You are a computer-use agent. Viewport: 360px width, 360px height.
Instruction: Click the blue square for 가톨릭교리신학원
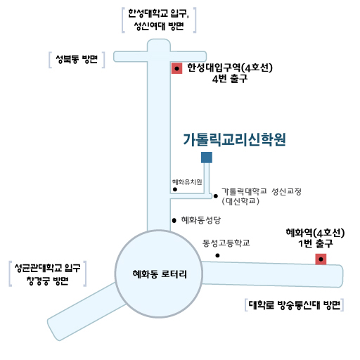207,157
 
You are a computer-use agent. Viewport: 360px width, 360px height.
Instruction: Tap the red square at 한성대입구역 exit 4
176,68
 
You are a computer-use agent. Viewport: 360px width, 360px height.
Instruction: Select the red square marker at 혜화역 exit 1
321,259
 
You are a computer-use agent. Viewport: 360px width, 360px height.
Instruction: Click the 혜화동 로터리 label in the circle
160,274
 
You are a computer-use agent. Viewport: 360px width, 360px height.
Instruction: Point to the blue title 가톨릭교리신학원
234,140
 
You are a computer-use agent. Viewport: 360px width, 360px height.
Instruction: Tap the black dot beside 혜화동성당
174,220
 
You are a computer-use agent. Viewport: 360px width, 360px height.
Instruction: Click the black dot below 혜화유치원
175,189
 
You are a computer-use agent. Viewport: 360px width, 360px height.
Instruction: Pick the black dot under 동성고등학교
217,255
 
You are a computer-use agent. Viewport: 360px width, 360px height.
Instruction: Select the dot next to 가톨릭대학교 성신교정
215,196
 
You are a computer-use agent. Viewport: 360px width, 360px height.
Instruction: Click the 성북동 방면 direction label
77,59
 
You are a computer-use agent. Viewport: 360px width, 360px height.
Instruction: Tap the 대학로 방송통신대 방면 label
295,305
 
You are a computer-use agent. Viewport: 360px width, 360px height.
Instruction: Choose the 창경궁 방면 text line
48,281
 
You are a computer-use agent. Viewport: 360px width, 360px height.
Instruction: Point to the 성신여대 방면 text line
159,26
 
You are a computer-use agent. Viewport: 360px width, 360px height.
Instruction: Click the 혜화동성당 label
201,220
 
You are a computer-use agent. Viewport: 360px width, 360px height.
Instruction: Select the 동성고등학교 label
226,243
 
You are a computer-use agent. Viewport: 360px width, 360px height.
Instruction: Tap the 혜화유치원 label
187,182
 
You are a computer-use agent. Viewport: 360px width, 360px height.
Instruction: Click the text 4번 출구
230,79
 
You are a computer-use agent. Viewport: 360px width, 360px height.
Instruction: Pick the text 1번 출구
316,244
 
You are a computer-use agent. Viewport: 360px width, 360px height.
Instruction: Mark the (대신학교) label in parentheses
240,201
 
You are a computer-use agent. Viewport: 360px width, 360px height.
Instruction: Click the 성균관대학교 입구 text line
48,268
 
